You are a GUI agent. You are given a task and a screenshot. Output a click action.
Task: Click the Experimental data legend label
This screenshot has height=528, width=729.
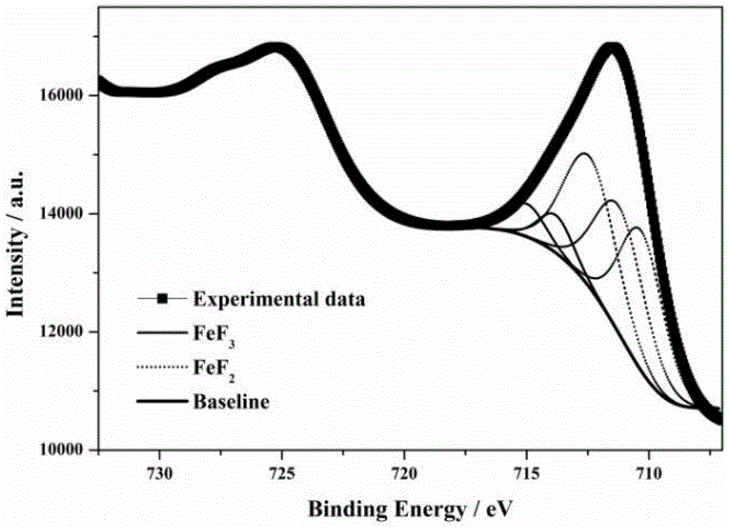(278, 298)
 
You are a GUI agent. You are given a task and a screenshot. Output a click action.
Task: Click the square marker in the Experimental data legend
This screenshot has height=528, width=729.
(163, 298)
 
